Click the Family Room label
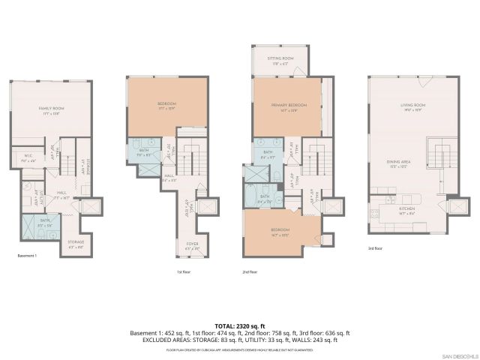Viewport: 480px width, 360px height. pos(50,109)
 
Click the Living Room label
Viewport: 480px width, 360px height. pos(412,107)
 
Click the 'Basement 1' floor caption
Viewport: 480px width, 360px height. pos(27,255)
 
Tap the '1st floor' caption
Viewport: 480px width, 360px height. pos(184,271)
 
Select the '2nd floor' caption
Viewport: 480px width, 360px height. pos(250,271)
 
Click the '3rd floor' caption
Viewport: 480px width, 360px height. pos(374,247)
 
